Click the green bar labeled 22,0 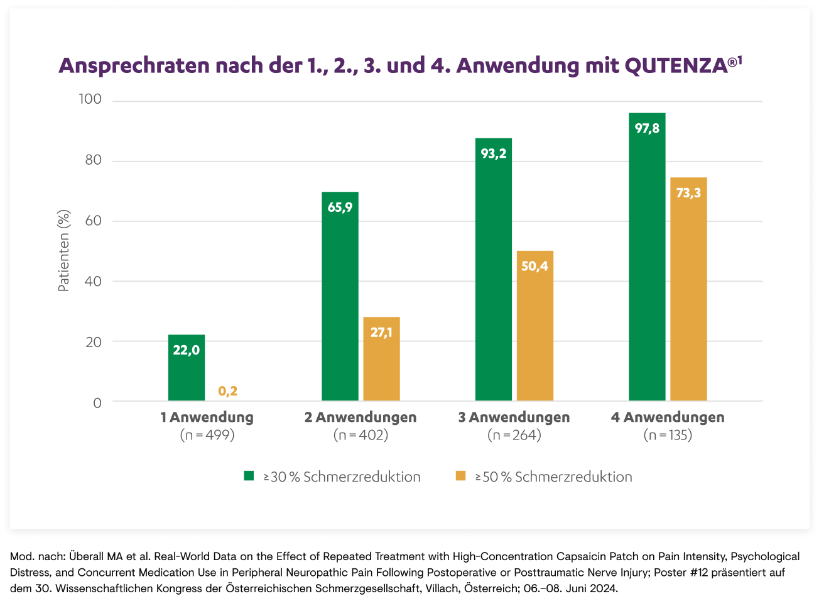[x=187, y=368]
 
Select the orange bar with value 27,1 [x=381, y=359]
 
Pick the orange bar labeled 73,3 [x=688, y=289]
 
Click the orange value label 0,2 [x=227, y=392]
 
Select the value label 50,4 [x=534, y=266]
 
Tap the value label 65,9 [x=340, y=207]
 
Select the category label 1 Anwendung [x=206, y=417]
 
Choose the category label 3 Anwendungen [x=514, y=417]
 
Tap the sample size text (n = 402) [x=361, y=434]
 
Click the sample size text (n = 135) [x=668, y=434]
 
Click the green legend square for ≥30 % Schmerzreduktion [x=249, y=476]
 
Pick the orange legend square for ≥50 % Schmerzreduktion [x=460, y=476]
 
